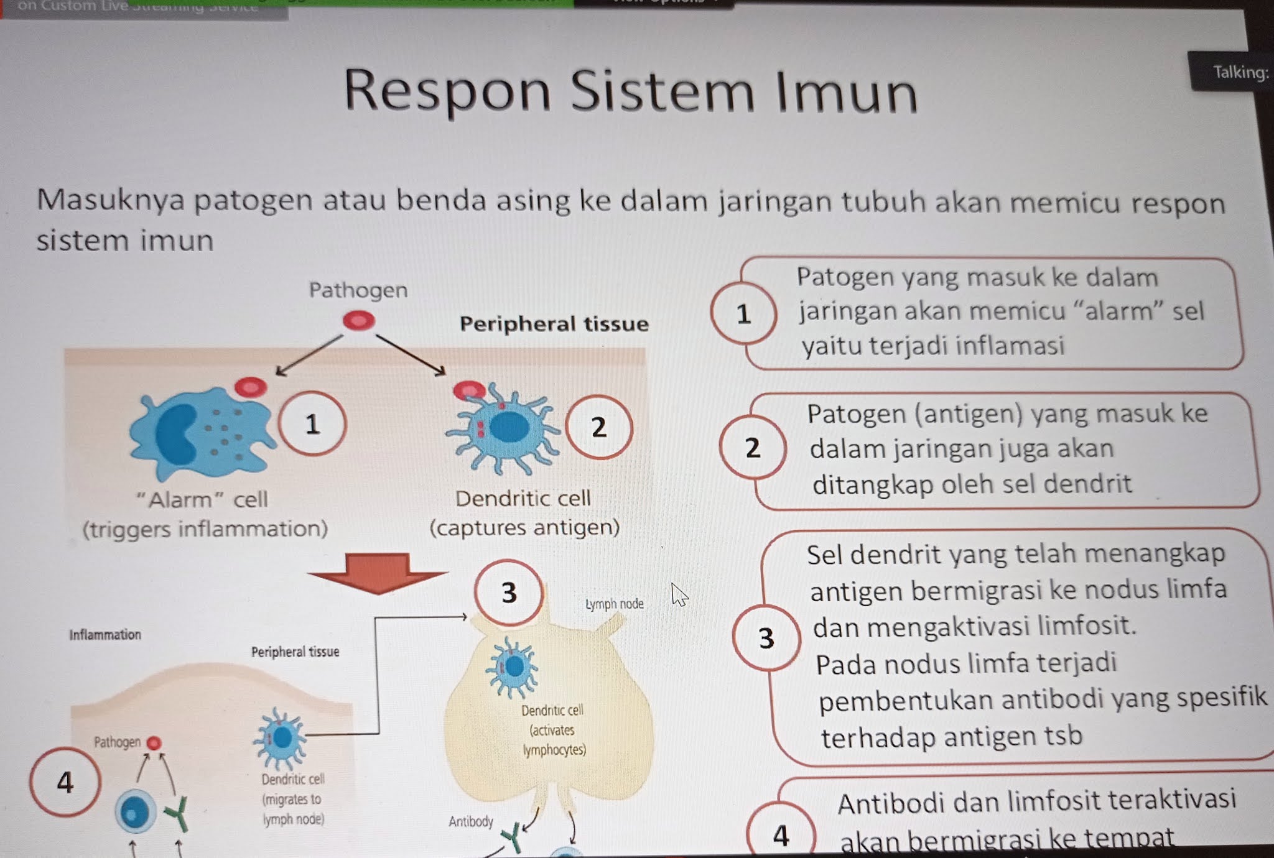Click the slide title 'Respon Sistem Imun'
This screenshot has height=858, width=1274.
tap(630, 91)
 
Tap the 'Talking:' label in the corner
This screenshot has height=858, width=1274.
tap(1240, 73)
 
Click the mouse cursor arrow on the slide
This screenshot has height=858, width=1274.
tap(679, 594)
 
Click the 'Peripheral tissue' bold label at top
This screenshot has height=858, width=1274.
tap(554, 324)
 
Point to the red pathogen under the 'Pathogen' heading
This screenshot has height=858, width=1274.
tap(359, 321)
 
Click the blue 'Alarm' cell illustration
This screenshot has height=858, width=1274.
tap(199, 432)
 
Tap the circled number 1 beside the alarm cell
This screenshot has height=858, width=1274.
tap(312, 424)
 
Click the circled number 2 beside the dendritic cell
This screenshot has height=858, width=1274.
tap(598, 427)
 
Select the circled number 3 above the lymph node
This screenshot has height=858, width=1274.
tap(509, 593)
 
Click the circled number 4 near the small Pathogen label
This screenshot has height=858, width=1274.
tap(65, 782)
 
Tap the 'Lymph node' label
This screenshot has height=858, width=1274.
tap(615, 604)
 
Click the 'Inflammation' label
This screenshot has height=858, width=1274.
tap(105, 635)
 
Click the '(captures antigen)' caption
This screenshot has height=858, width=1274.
tap(524, 528)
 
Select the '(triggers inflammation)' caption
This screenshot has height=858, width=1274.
tap(205, 529)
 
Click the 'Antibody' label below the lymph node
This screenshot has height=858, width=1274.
tap(471, 822)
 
